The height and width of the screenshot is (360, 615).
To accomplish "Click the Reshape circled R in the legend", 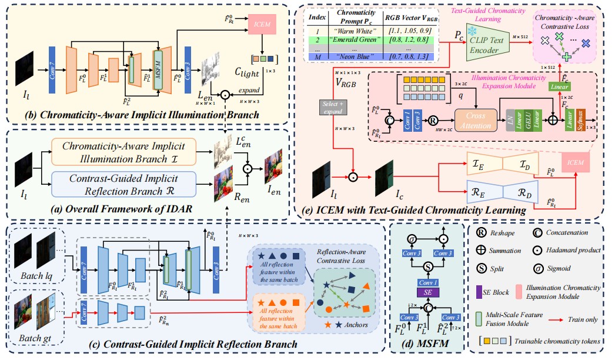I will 480,232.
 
